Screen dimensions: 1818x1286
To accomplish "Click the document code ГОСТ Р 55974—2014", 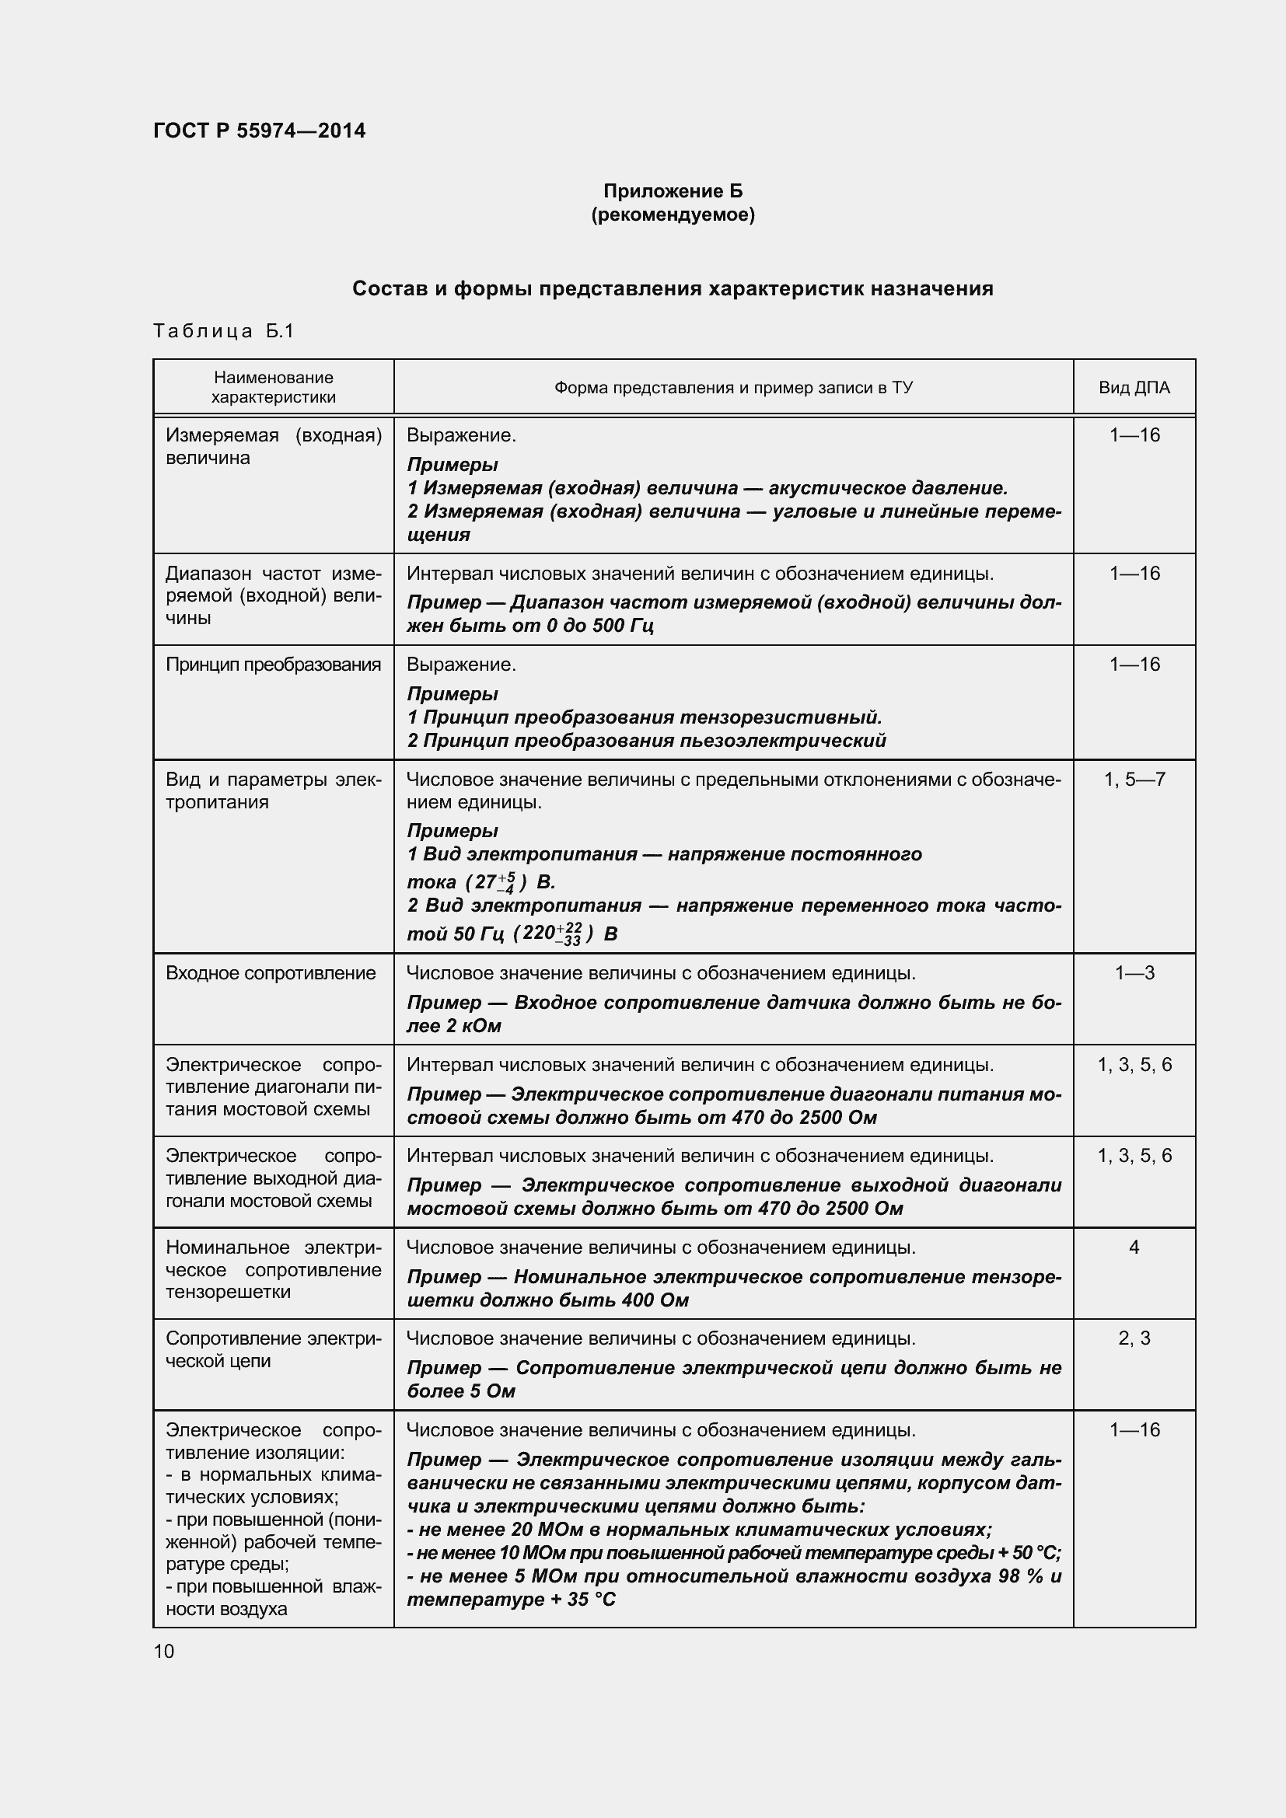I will pyautogui.click(x=259, y=131).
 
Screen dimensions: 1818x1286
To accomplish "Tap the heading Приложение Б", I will pyautogui.click(x=673, y=191).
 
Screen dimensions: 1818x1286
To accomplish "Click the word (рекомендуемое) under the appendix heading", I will pyautogui.click(x=673, y=215).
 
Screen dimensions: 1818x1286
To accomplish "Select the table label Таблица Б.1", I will pyautogui.click(x=223, y=331).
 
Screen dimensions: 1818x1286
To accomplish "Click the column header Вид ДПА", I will pyautogui.click(x=1133, y=387).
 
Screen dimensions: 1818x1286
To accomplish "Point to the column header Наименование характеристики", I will pyautogui.click(x=273, y=387).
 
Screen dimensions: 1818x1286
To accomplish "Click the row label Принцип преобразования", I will pyautogui.click(x=273, y=665).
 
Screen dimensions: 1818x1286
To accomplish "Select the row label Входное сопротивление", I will pyautogui.click(x=270, y=972).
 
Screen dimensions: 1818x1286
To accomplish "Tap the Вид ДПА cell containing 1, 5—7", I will pyautogui.click(x=1134, y=779).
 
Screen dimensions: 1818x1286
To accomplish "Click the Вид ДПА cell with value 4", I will pyautogui.click(x=1133, y=1247).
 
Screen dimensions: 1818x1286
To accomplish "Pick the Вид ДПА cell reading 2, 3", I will pyautogui.click(x=1133, y=1338).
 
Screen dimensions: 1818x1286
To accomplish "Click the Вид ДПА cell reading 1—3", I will pyautogui.click(x=1134, y=972).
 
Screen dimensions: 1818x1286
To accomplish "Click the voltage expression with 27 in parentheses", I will pyautogui.click(x=497, y=881).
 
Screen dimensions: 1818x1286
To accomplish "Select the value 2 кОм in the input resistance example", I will pyautogui.click(x=472, y=1026).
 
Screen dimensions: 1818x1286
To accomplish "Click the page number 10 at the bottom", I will pyautogui.click(x=163, y=1651).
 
